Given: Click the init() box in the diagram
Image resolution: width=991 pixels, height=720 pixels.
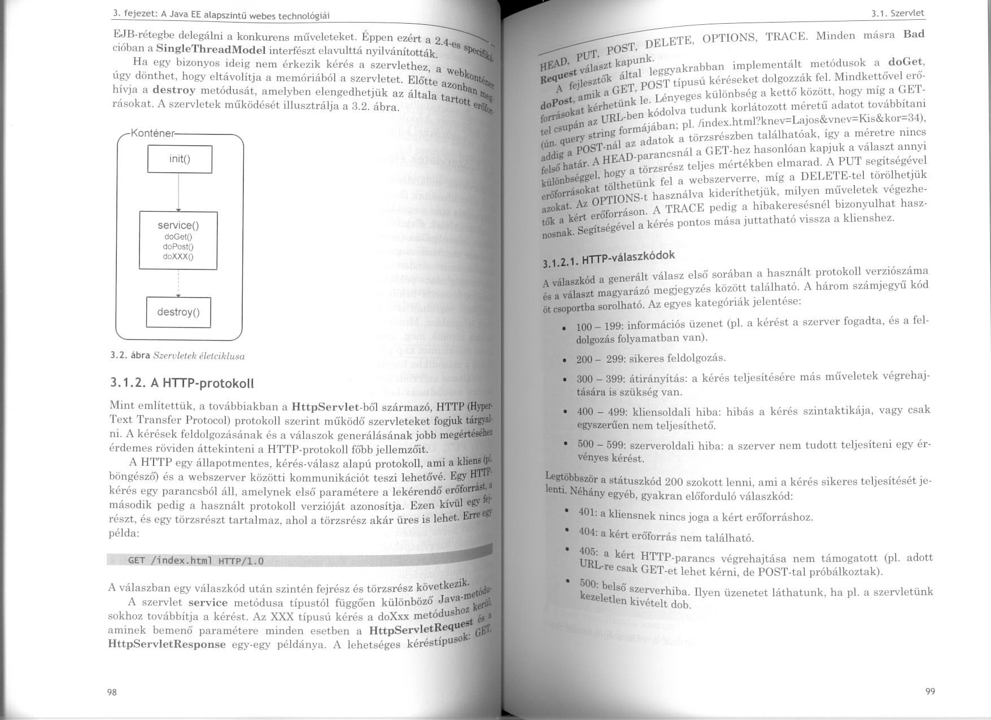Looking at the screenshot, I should click(x=180, y=159).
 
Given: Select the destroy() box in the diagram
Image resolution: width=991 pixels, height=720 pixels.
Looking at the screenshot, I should click(x=178, y=312).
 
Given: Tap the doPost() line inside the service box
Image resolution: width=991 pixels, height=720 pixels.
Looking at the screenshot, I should click(x=178, y=247).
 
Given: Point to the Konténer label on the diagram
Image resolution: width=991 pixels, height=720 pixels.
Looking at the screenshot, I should click(x=152, y=134).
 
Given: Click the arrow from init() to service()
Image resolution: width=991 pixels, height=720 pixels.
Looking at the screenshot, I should click(x=178, y=193).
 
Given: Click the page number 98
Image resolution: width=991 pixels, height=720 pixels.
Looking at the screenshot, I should click(x=112, y=692).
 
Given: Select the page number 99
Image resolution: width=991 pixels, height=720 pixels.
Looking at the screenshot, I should click(x=931, y=692).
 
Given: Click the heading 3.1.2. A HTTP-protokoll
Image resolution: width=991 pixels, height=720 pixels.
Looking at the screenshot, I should click(x=182, y=383).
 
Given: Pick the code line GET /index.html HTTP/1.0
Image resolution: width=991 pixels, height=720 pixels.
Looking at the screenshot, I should click(x=196, y=561).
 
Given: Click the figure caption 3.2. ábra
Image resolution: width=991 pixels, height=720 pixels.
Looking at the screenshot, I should click(x=130, y=356).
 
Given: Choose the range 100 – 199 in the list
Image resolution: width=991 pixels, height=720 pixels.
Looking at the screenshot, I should click(x=598, y=327).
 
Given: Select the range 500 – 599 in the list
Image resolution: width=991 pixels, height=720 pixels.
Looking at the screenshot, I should click(x=600, y=444).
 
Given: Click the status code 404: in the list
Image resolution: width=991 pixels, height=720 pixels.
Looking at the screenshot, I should click(x=588, y=533).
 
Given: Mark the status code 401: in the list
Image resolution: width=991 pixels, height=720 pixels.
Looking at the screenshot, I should click(x=588, y=512).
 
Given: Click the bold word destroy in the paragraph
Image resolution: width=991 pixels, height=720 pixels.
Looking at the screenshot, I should click(x=174, y=90).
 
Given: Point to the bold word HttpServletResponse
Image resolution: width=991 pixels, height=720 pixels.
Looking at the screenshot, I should click(x=167, y=644).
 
